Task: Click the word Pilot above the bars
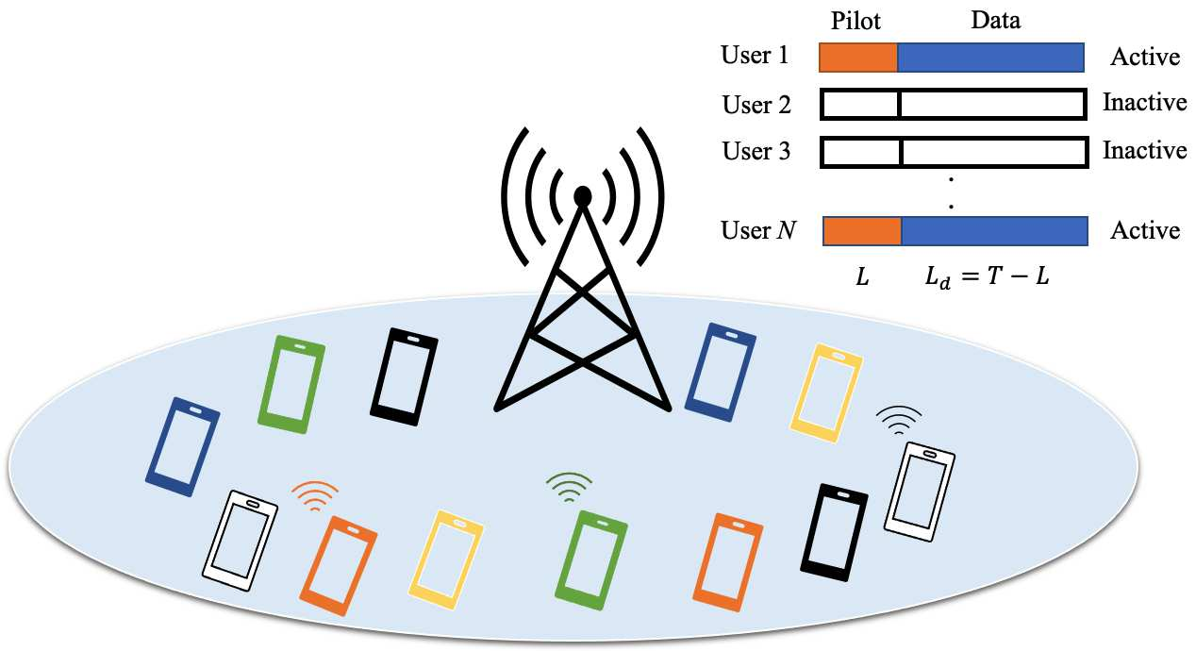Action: pos(857,20)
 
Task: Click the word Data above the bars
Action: pos(995,20)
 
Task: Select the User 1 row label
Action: pos(755,56)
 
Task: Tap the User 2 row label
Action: pos(756,104)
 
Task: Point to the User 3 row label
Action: pos(756,151)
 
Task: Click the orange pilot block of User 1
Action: pos(858,58)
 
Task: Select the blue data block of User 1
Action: pos(990,58)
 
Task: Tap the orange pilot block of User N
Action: pos(863,231)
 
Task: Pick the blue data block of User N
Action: pos(995,231)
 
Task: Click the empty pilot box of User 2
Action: pos(860,104)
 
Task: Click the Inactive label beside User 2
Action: pos(1144,103)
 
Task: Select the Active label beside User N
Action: pos(1145,231)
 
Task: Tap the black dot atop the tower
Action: pos(583,196)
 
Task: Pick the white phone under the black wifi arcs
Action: pos(920,491)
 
